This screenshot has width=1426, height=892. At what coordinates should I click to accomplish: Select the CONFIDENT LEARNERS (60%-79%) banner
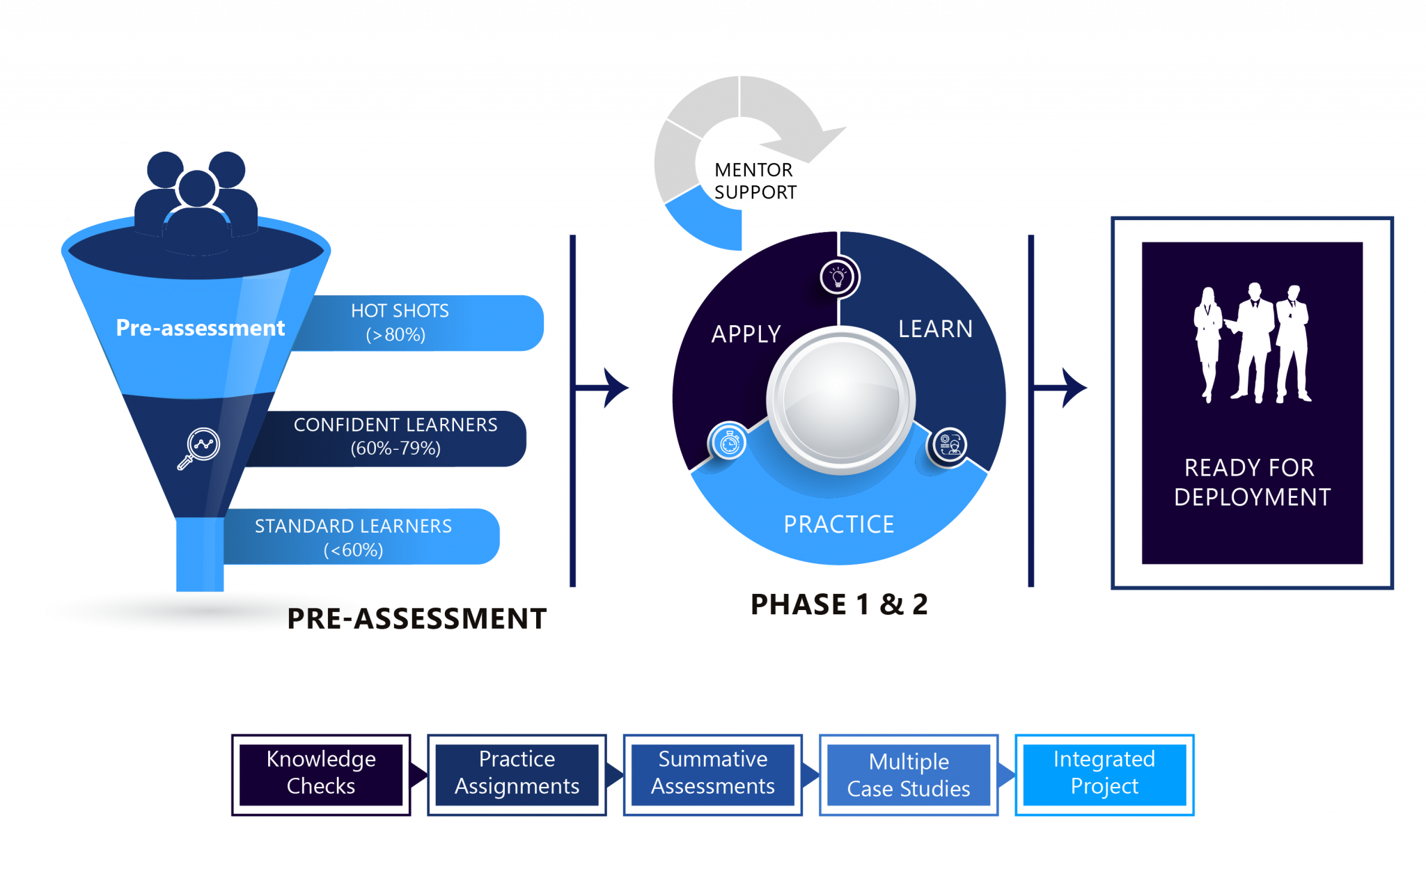395,437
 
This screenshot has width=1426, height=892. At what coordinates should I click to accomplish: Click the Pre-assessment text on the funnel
200,327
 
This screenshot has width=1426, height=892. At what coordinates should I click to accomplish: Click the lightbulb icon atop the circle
838,277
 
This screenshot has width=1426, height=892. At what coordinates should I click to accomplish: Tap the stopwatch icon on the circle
729,443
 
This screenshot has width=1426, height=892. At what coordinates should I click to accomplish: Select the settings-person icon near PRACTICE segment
950,444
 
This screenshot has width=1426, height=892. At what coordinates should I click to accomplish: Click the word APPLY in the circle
746,334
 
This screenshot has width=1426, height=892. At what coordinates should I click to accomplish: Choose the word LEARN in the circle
935,329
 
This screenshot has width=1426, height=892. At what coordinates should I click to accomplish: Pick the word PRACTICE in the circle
839,524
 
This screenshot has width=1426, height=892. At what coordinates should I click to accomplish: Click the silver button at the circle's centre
841,400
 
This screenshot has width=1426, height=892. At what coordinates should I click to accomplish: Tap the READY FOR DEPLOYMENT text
1251,482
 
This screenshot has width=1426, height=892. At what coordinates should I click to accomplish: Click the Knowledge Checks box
321,773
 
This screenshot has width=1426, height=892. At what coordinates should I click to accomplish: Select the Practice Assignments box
517,773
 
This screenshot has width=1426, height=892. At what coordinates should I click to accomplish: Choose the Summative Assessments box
712,773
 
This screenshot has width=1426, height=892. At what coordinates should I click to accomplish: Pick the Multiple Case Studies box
909,775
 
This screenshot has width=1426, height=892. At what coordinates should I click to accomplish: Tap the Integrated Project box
1104,773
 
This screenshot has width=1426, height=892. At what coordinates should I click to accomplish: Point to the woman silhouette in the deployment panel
1208,341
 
